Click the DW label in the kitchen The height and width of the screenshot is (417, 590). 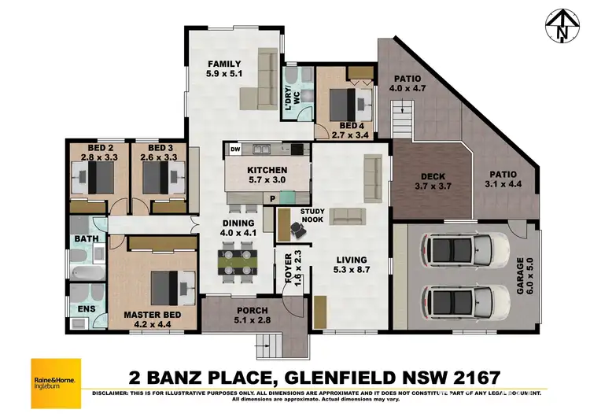(x=235, y=149)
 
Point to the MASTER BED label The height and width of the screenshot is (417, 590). (x=153, y=315)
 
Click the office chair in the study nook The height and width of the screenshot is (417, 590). (x=297, y=228)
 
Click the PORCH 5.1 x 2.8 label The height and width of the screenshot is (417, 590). (x=251, y=315)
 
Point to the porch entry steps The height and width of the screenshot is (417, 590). (x=269, y=343)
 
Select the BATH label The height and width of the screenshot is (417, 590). (x=85, y=238)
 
